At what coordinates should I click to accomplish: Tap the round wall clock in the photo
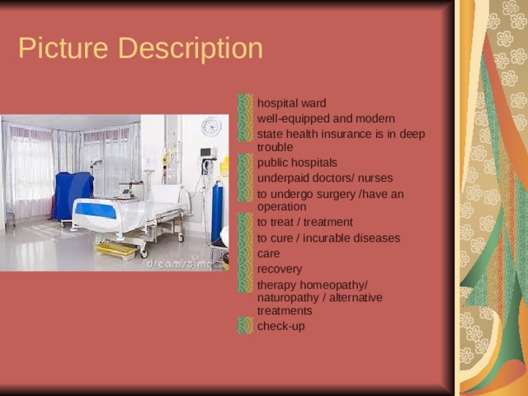pos(211,126)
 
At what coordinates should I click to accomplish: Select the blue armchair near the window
pos(73,196)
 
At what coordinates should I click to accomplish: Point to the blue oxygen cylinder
pos(216,213)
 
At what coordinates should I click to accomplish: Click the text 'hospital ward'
pos(291,103)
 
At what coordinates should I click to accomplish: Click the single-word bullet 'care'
pos(268,253)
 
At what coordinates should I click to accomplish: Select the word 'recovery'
pos(279,269)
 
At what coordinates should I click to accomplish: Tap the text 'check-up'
pos(280,326)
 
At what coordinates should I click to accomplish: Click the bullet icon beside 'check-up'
pos(245,326)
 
